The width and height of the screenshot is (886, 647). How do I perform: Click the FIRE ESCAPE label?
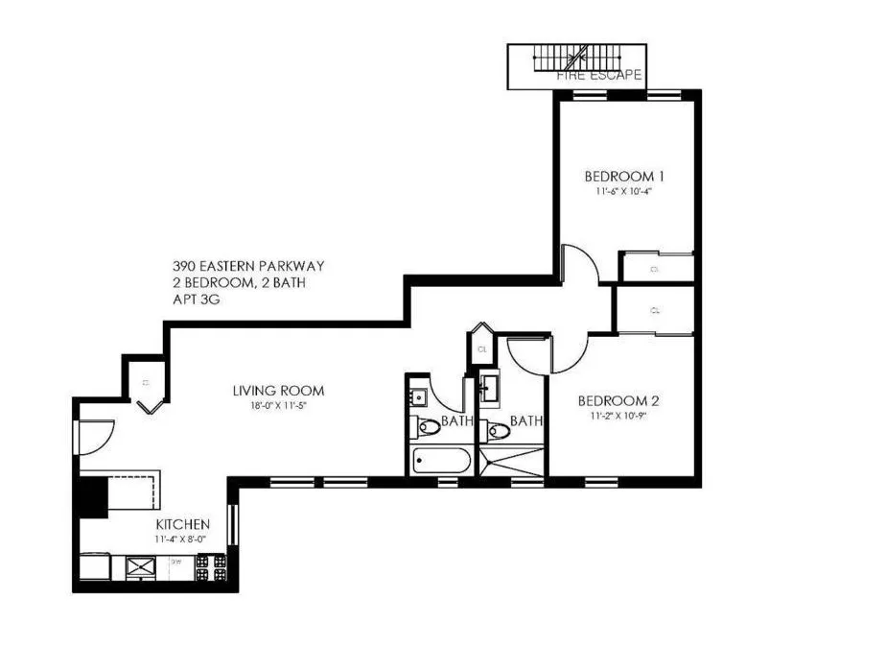(599, 74)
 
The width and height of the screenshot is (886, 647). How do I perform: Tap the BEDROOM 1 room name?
(624, 176)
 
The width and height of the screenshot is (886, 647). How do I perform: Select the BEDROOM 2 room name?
(617, 401)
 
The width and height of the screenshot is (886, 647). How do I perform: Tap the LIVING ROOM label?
(278, 391)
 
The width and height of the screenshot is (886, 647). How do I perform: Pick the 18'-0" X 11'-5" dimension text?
(278, 405)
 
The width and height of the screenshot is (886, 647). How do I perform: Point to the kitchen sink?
(140, 568)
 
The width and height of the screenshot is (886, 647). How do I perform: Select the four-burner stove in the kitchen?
(211, 567)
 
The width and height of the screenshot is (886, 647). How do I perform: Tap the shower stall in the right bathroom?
(511, 461)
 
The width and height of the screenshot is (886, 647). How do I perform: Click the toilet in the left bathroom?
(429, 426)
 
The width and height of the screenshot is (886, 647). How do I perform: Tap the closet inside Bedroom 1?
(657, 268)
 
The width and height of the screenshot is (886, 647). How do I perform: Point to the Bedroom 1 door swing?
(579, 265)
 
